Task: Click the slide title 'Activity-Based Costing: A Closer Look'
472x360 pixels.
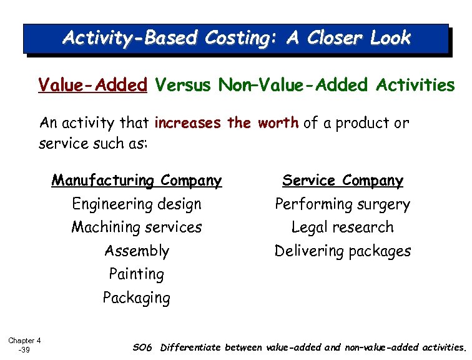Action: [x=236, y=38]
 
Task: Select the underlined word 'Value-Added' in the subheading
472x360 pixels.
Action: [x=92, y=85]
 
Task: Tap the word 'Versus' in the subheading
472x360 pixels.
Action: [x=184, y=85]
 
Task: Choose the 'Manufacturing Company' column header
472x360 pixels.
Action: [x=137, y=181]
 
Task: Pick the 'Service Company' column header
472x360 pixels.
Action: [x=343, y=181]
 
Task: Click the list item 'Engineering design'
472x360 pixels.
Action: [x=137, y=204]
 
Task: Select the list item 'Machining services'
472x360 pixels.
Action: [x=137, y=227]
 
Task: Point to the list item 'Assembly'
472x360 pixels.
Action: [x=137, y=251]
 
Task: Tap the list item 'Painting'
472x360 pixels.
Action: [x=137, y=274]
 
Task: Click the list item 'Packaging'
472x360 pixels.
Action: [x=137, y=297]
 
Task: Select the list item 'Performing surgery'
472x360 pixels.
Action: [x=343, y=204]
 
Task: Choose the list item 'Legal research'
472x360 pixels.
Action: [x=343, y=227]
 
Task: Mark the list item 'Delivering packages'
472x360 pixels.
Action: [x=343, y=251]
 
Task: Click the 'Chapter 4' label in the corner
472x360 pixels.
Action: [x=24, y=341]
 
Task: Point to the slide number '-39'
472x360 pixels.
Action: [x=24, y=350]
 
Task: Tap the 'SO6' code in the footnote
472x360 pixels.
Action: [x=142, y=347]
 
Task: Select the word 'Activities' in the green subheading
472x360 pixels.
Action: [x=416, y=85]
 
